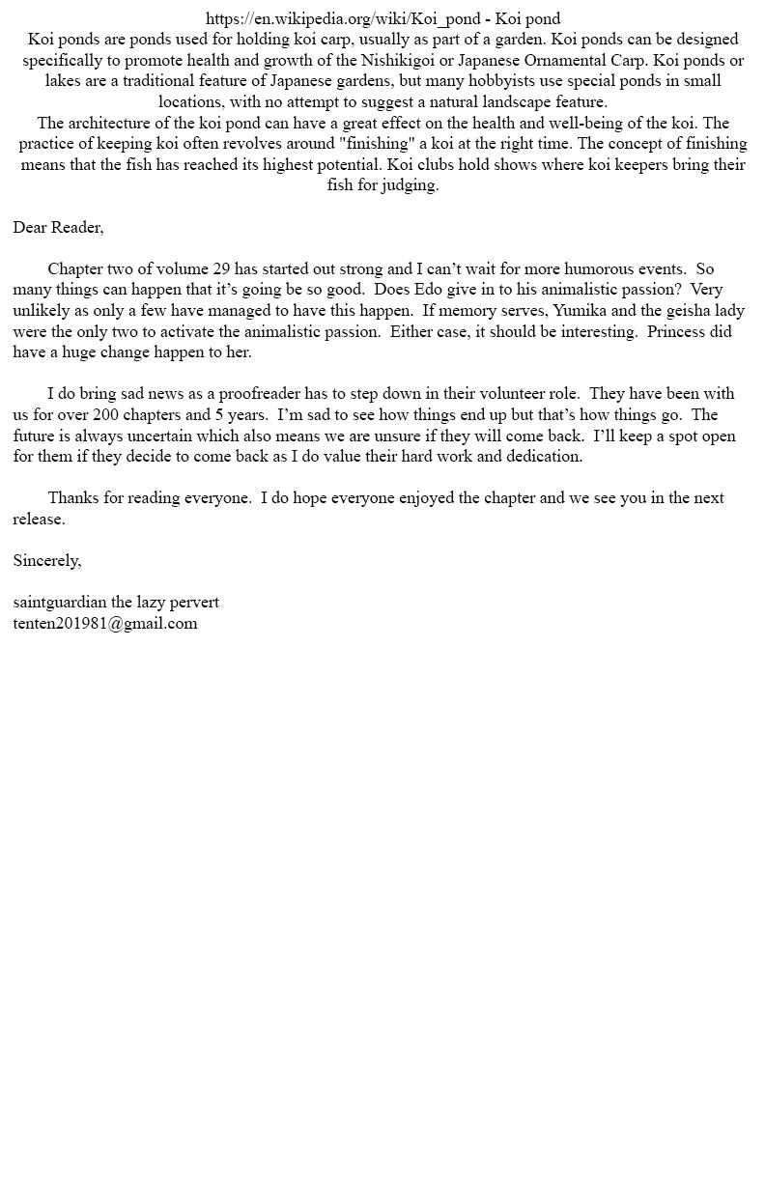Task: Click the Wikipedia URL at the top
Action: click(x=344, y=18)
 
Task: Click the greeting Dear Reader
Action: click(x=58, y=227)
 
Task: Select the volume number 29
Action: click(x=221, y=268)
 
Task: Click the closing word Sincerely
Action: click(x=47, y=560)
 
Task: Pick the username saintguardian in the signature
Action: click(x=60, y=602)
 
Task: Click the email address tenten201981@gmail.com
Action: click(x=105, y=623)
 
